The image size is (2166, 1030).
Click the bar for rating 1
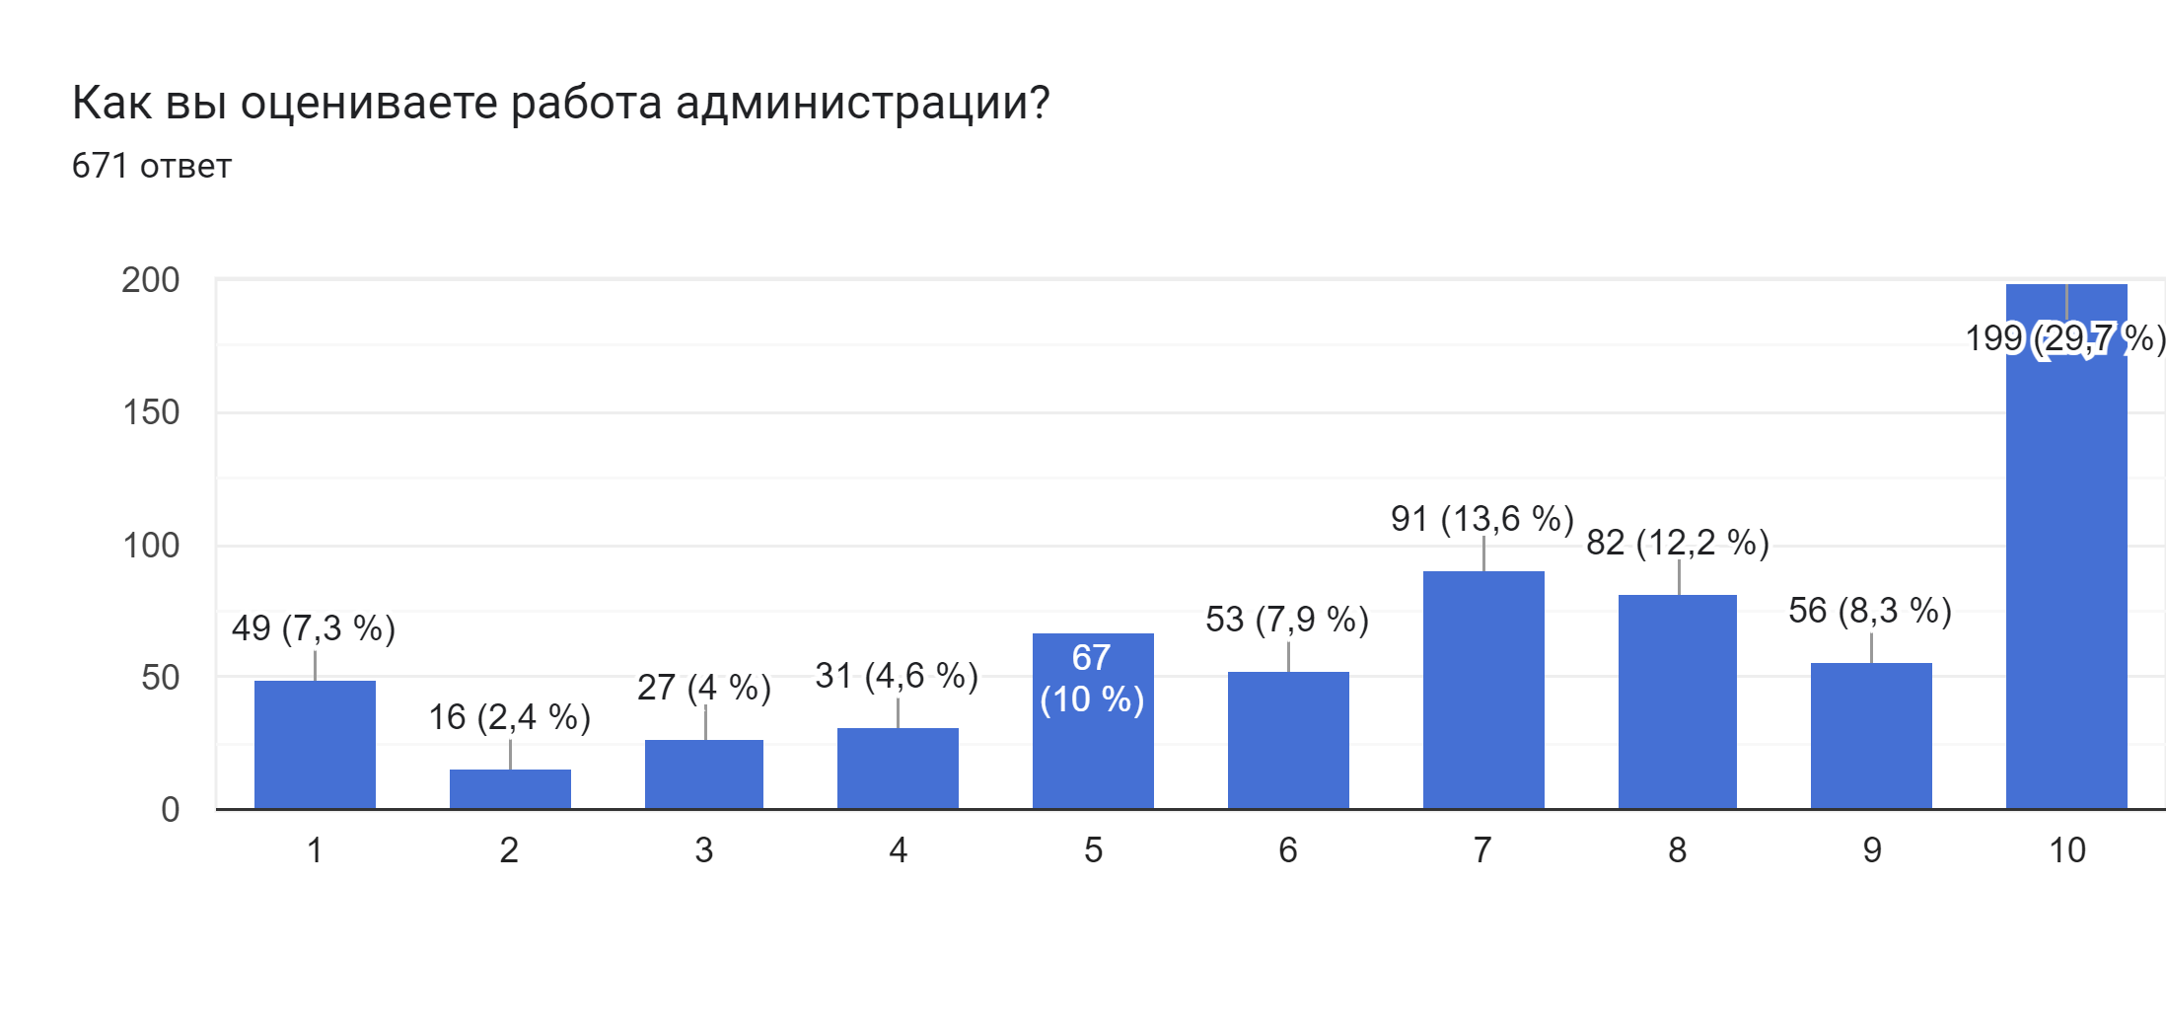315,745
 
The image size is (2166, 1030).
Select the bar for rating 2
510,789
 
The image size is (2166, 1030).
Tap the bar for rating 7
1483,690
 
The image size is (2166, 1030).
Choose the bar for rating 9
1871,736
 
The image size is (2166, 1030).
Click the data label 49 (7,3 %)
314,628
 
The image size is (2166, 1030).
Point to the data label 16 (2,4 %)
509,717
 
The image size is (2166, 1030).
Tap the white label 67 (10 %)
1092,679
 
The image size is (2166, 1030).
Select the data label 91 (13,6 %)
1481,519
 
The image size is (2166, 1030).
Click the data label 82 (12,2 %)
1677,543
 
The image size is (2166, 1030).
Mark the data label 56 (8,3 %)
1870,611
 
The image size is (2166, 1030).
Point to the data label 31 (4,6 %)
897,676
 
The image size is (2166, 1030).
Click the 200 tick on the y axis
151,280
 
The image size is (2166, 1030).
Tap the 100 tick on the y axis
151,546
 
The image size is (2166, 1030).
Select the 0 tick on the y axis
170,810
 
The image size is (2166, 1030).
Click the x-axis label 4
898,850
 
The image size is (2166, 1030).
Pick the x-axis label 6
1287,850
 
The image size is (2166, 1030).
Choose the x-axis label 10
2066,850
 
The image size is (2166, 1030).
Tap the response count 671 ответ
151,166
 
